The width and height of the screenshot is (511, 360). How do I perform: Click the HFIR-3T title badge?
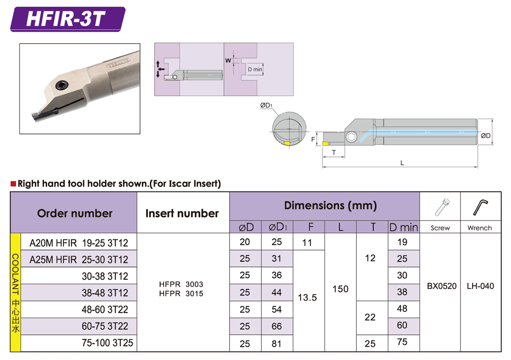pyautogui.click(x=68, y=19)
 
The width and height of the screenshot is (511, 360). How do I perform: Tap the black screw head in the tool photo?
pyautogui.click(x=61, y=85)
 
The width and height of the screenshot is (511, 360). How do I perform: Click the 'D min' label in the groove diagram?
pyautogui.click(x=255, y=69)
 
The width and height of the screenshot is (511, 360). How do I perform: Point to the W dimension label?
pyautogui.click(x=228, y=60)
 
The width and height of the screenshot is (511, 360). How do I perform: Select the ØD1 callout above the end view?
pyautogui.click(x=266, y=105)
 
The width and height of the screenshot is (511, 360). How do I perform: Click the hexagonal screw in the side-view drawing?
pyautogui.click(x=352, y=137)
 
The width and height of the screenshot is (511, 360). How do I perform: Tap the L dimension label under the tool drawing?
pyautogui.click(x=402, y=163)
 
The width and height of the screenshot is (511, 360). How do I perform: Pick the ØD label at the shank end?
pyautogui.click(x=485, y=136)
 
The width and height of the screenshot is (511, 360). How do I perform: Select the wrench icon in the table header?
pyautogui.click(x=480, y=208)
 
